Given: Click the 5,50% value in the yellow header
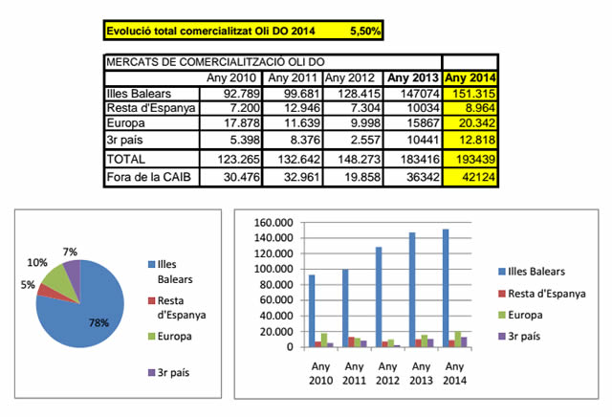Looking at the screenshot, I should pyautogui.click(x=364, y=31).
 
